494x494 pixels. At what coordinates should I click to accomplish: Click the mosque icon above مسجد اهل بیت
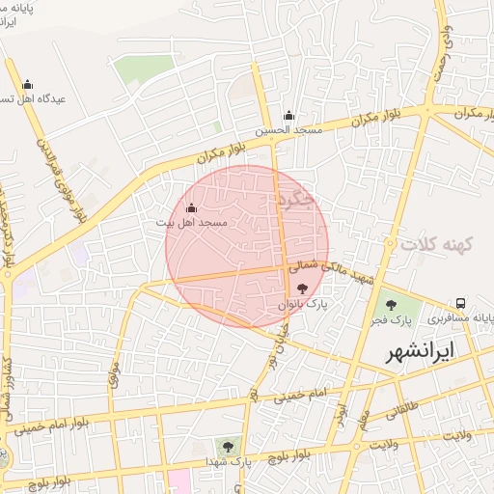191,208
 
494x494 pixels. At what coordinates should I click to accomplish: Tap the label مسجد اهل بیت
191,223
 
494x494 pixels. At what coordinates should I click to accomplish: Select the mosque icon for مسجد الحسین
288,116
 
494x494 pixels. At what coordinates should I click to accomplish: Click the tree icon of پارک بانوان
303,287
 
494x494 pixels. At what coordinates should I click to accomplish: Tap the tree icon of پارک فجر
391,305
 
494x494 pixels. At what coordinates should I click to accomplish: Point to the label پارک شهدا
228,462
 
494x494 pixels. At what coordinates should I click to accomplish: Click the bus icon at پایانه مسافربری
462,303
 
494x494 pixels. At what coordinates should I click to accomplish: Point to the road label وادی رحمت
445,39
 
